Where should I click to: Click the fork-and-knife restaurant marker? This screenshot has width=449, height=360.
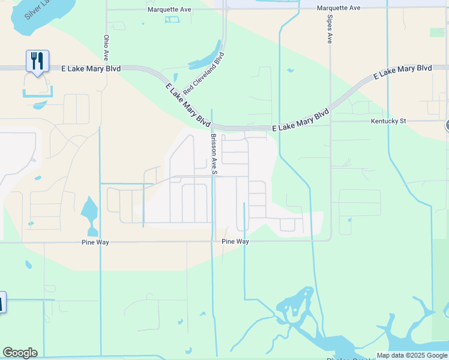click(37, 61)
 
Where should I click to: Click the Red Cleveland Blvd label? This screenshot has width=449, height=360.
click(204, 73)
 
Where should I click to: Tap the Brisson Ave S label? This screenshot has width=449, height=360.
click(214, 154)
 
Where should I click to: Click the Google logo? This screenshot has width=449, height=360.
click(20, 353)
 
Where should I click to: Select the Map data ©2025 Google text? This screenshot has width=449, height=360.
click(412, 355)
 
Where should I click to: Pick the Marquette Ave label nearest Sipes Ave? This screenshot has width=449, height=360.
click(339, 8)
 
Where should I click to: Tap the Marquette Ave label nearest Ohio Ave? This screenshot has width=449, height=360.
click(169, 10)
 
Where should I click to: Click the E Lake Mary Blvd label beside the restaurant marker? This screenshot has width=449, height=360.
click(91, 68)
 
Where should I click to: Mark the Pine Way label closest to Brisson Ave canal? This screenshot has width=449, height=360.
click(235, 241)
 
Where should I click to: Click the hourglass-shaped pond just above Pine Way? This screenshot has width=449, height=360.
click(89, 215)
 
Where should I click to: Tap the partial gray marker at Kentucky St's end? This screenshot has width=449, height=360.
click(447, 125)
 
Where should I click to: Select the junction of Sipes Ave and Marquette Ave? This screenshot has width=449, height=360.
click(330, 8)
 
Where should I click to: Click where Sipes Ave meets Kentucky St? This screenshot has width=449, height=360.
click(330, 121)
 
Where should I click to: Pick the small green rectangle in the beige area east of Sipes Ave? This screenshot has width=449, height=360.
click(437, 32)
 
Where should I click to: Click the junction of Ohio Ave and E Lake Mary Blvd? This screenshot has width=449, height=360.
click(106, 68)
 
